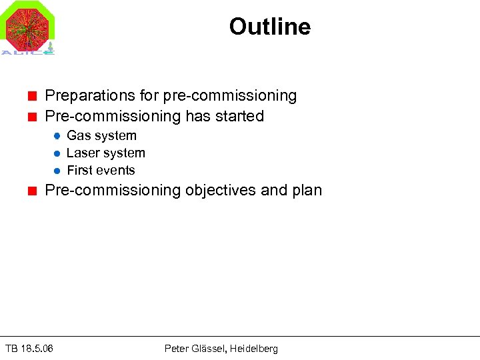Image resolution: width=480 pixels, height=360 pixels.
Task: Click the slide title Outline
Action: tap(269, 27)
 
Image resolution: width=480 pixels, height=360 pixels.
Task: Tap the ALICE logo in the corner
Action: tap(28, 28)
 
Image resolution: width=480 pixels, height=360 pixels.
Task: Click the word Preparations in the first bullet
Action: tap(87, 96)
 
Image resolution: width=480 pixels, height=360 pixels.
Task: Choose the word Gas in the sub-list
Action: tap(79, 136)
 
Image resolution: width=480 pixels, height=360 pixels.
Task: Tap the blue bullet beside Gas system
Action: tap(57, 136)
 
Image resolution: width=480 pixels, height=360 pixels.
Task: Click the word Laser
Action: tap(84, 153)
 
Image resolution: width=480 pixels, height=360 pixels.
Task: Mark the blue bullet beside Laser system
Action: tap(57, 153)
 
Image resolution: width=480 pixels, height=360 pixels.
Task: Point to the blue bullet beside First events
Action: tap(57, 171)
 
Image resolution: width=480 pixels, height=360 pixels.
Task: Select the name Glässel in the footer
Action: tap(209, 349)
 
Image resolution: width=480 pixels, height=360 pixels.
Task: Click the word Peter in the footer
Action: tap(177, 349)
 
